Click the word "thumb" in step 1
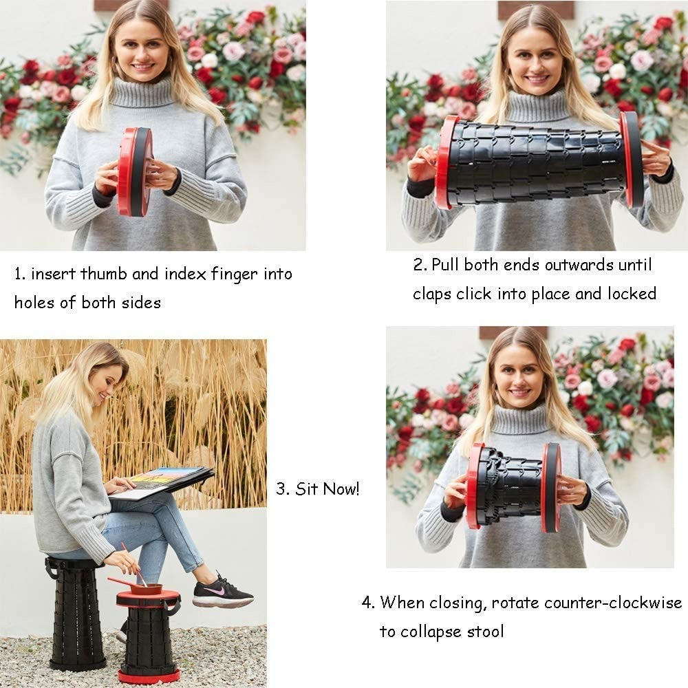[104, 273]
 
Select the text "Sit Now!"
[327, 488]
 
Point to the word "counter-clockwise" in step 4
[587, 603]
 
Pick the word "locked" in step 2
[632, 293]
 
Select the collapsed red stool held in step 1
[134, 171]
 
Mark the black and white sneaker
[222, 592]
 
